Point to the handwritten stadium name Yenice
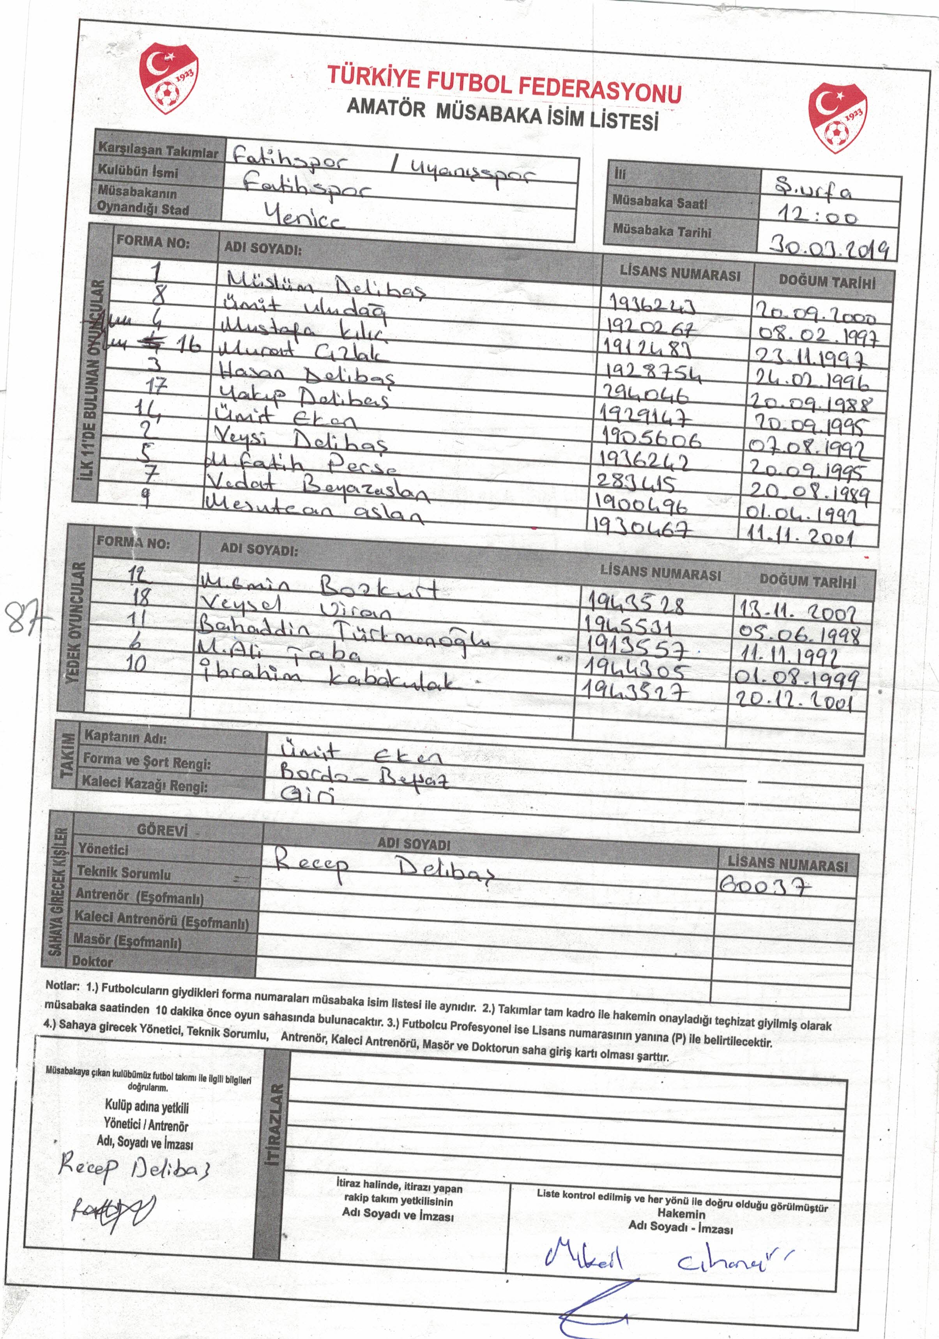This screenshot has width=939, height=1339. click(x=304, y=216)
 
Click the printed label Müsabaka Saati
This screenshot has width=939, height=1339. click(x=660, y=202)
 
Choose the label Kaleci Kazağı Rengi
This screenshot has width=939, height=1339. click(x=145, y=784)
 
